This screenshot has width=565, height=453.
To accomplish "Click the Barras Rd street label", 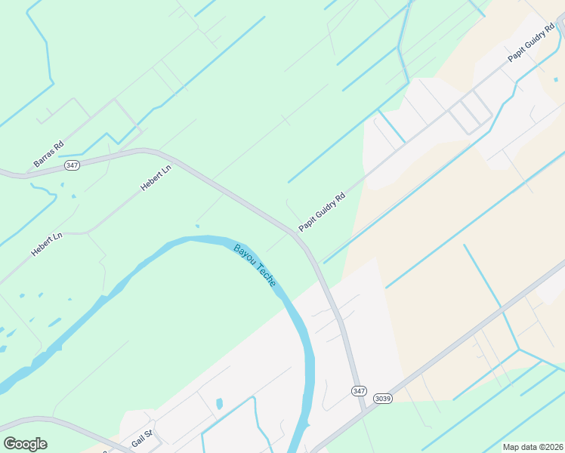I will pos(48,154).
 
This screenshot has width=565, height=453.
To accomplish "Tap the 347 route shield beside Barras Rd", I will pos(72,165).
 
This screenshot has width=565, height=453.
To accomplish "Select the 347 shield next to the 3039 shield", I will pos(359,390).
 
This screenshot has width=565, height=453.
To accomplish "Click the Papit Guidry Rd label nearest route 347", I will pos(322,211).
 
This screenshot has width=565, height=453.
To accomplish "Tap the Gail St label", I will pos(142,437).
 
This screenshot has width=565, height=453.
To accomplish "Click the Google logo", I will pos(25,444).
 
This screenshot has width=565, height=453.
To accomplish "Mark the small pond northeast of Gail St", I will pos(219,403).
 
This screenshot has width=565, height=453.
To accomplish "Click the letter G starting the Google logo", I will pos(10,444).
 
